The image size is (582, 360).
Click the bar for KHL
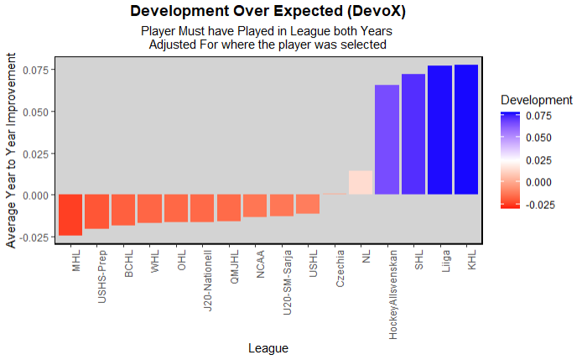466,130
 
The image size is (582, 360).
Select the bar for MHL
70,215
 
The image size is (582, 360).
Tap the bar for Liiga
439,130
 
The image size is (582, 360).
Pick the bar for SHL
413,134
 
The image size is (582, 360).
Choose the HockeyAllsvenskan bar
387,140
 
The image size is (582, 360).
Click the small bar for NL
361,183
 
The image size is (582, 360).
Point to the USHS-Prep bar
96,211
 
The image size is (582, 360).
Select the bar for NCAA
255,206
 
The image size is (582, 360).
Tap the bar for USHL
308,204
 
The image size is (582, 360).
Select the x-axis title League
268,347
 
